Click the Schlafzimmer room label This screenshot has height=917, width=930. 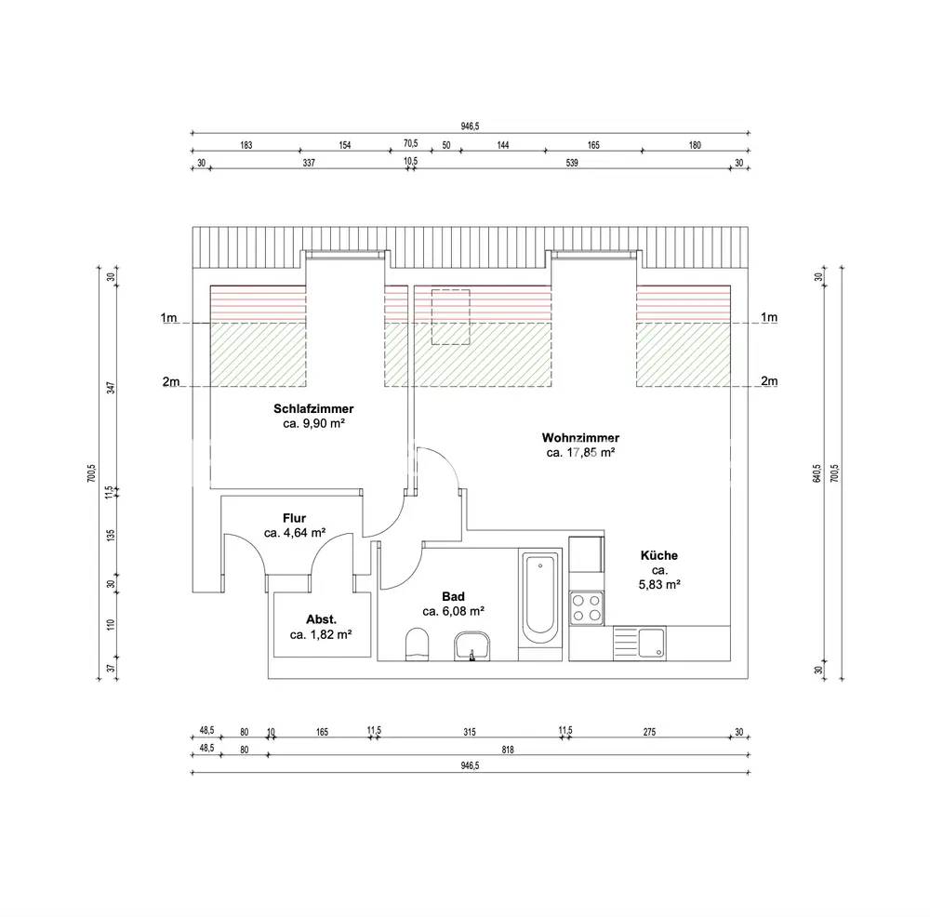(x=313, y=408)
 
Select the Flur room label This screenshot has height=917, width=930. (x=294, y=518)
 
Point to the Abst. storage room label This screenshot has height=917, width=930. (x=321, y=619)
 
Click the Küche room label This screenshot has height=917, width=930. (x=659, y=556)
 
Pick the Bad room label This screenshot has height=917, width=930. (x=453, y=597)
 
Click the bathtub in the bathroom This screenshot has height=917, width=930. (x=540, y=599)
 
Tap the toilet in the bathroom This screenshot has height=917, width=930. (x=417, y=645)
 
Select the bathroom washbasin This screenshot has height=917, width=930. (x=472, y=646)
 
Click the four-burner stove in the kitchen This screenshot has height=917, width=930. (x=586, y=608)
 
